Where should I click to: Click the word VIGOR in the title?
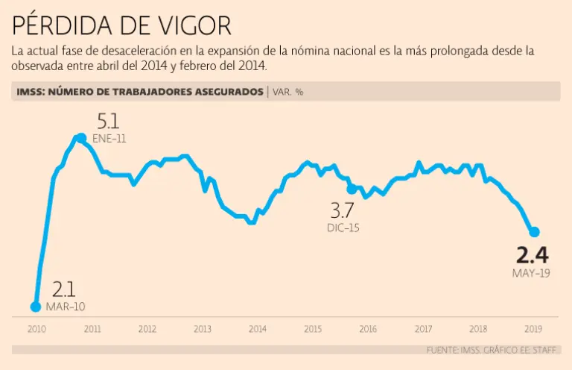pos(189,25)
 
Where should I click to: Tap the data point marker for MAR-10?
pos(35,306)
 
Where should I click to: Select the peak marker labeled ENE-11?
pos(80,138)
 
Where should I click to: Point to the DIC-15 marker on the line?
pos(352,189)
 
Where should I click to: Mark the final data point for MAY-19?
pos(534,232)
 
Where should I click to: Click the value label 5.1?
pos(109,122)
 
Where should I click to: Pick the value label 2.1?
pos(64,289)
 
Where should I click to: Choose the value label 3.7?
pos(343,210)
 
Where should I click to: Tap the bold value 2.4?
pos(532,255)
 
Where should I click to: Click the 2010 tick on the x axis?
pos(36,329)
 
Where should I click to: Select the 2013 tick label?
pos(202,329)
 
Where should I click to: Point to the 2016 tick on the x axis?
pos(368,329)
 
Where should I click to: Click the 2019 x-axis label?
pos(533,329)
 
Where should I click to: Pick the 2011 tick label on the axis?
pos(92,329)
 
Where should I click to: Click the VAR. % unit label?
pos(288,92)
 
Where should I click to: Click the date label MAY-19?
pos(531,273)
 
